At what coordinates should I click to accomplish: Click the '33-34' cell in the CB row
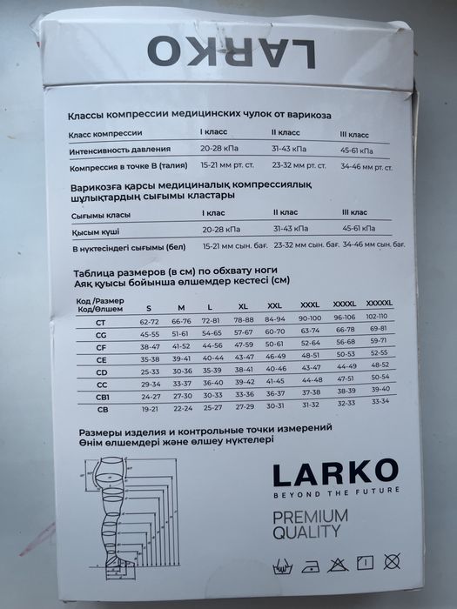point(380,401)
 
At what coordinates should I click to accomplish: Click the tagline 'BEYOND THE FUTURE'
point(336,491)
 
